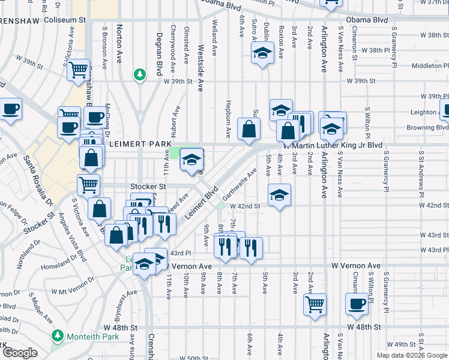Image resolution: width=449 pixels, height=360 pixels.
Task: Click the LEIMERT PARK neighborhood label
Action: (x=140, y=145)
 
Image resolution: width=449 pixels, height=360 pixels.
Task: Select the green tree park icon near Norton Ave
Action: (x=140, y=74)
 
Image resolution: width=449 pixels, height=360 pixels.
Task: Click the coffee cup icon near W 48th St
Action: (x=357, y=304)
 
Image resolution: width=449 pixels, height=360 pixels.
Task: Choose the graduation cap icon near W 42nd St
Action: (x=278, y=196)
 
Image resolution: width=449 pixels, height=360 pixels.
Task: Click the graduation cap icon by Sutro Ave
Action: (x=262, y=53)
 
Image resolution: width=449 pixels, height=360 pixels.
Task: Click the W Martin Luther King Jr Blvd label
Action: (x=332, y=145)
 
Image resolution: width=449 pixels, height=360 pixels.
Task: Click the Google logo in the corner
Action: (x=20, y=353)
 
